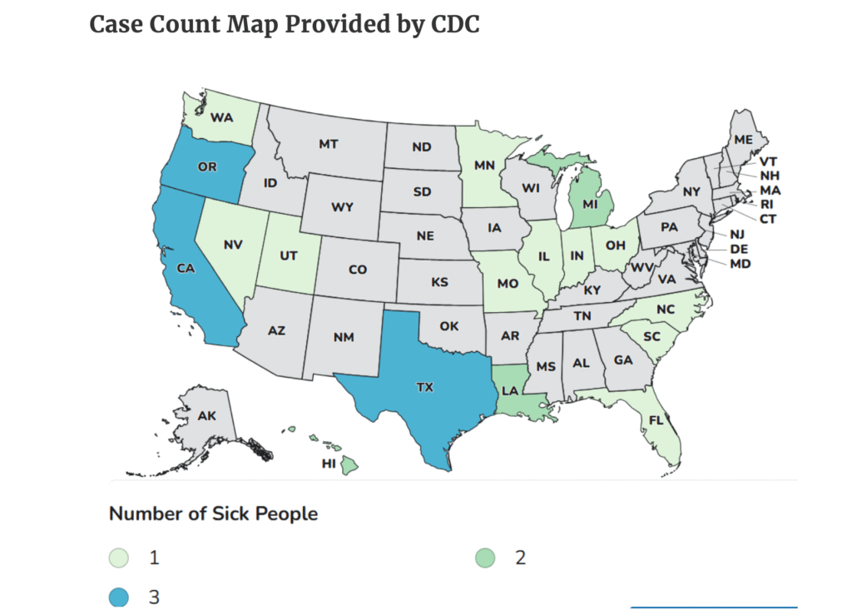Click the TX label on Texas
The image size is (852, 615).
click(x=424, y=387)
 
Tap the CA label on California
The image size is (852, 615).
click(x=186, y=269)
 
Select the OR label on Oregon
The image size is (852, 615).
click(x=207, y=166)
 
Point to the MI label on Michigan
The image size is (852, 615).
click(x=591, y=204)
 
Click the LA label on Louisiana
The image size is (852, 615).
click(x=510, y=389)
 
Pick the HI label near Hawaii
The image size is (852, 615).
click(x=328, y=464)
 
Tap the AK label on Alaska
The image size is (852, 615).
click(x=207, y=414)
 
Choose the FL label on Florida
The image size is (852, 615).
click(x=656, y=419)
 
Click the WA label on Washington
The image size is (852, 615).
click(x=221, y=117)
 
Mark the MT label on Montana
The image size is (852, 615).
click(x=328, y=144)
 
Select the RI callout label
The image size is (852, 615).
click(x=765, y=204)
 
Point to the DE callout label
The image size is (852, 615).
click(x=737, y=250)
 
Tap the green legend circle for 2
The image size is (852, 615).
click(x=487, y=558)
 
